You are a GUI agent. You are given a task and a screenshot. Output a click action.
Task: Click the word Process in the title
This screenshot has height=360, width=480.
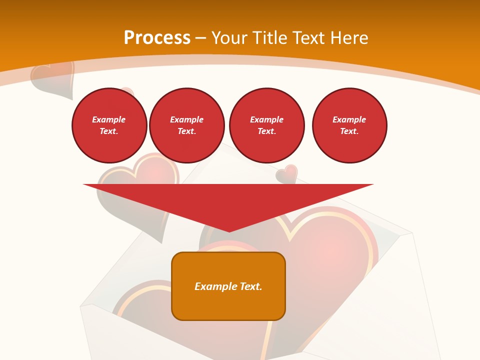click(157, 38)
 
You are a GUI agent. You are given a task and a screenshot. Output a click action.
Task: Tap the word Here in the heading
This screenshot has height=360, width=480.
click(349, 38)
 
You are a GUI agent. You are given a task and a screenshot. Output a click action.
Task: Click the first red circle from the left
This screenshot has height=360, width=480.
click(109, 125)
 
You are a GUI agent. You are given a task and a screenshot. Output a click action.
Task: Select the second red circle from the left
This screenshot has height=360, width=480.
click(187, 125)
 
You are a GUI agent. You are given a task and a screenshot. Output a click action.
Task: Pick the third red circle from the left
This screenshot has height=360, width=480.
click(267, 125)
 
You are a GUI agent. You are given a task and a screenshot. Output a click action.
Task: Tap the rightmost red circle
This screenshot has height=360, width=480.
click(349, 125)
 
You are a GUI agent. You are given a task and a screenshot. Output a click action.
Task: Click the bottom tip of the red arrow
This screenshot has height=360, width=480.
click(229, 230)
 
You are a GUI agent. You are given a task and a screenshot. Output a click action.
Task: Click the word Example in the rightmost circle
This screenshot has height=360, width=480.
click(349, 119)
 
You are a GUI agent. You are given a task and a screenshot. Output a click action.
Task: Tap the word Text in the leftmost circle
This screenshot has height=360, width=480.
click(109, 131)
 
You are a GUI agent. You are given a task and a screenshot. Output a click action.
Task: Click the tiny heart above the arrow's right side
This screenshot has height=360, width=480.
click(287, 173)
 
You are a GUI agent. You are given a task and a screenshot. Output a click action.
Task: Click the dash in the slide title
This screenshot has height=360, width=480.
click(200, 38)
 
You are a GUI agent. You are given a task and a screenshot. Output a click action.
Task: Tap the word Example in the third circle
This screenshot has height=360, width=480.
click(267, 119)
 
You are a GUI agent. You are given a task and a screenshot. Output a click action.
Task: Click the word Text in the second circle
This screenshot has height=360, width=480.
click(186, 131)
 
